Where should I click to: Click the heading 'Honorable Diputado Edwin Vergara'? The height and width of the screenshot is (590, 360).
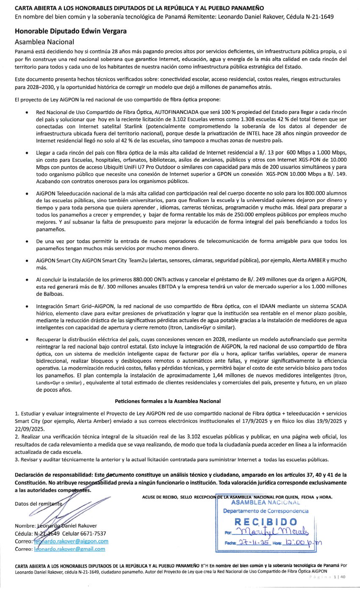[71, 31]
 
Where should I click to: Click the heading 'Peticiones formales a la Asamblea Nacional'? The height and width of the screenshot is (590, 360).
[168, 401]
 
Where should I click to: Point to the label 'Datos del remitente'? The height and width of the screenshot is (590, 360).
[38, 504]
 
